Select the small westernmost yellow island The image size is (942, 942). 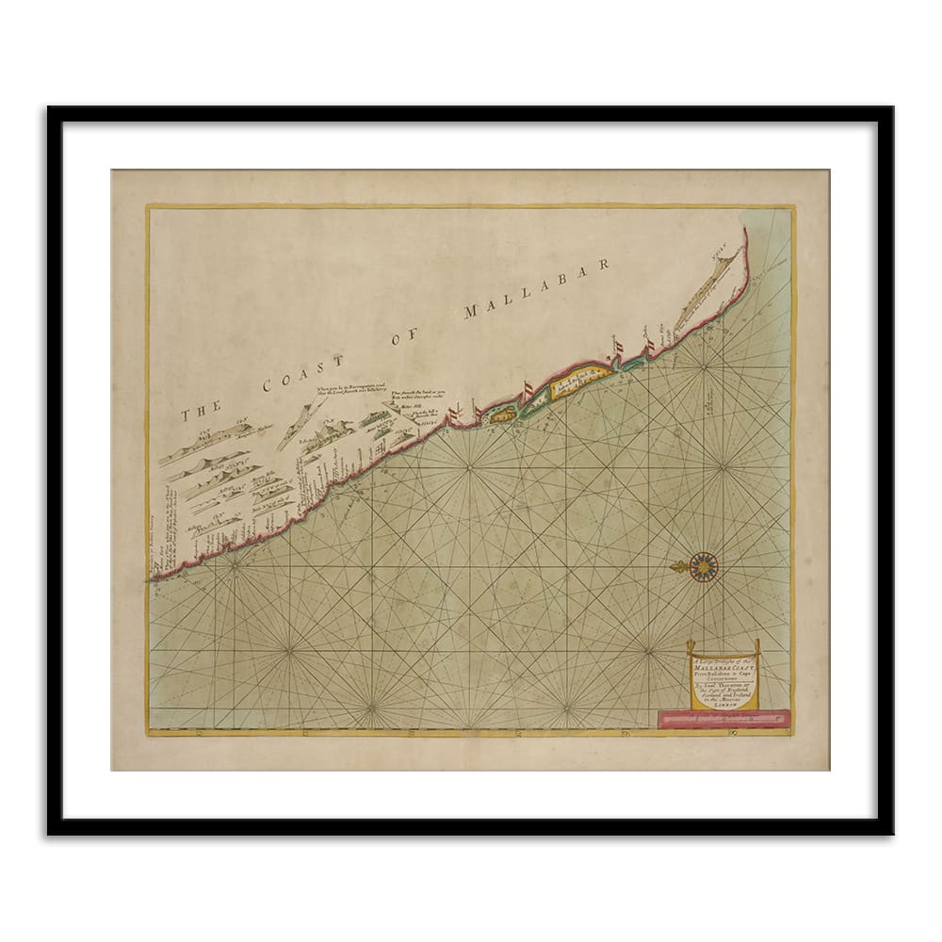pos(502,413)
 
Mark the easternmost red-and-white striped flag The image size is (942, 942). pos(649,349)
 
